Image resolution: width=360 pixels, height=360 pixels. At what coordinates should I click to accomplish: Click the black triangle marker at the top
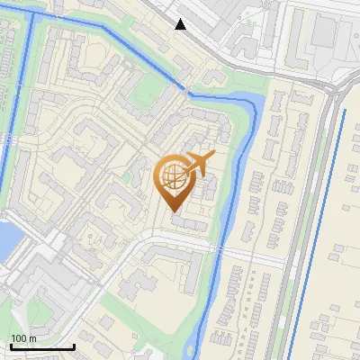click(181, 23)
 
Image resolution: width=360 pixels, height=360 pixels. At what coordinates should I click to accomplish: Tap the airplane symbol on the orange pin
click(198, 164)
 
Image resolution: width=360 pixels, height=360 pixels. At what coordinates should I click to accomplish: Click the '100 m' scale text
click(23, 338)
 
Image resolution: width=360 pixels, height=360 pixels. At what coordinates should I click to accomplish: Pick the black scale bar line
click(42, 346)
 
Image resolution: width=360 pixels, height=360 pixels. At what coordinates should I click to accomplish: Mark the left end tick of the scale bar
click(11, 345)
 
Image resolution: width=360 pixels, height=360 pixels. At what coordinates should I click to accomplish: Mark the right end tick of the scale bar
click(74, 345)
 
